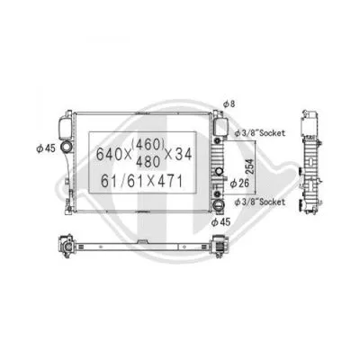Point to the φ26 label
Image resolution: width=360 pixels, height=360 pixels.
[x=239, y=185]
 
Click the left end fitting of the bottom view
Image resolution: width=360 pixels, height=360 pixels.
[x=65, y=245]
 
